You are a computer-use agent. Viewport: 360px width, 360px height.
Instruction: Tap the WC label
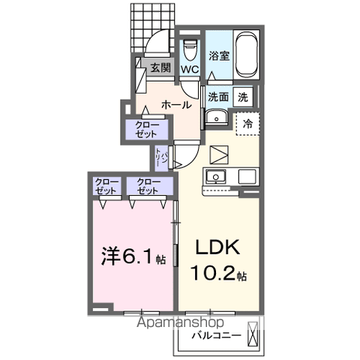[189, 70]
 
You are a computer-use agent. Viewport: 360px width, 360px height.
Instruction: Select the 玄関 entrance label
[160, 68]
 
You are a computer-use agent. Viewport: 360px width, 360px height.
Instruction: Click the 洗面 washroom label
[218, 97]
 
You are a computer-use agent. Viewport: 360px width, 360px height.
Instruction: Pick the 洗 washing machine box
[243, 97]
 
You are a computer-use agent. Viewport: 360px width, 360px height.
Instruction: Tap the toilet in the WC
[189, 48]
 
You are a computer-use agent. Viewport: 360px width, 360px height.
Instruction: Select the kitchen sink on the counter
[216, 178]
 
